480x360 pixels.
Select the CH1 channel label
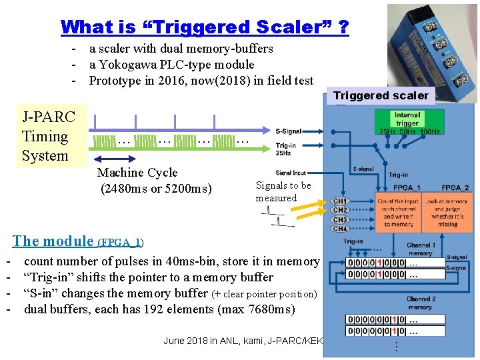[340, 201]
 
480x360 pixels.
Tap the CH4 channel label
[340, 229]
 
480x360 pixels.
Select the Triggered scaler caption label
[381, 95]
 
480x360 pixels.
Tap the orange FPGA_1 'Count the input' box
[397, 213]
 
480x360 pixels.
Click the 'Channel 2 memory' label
[420, 303]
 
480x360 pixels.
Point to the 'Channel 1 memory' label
[420, 249]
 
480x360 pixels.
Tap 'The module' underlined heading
[53, 241]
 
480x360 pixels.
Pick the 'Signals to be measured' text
[283, 191]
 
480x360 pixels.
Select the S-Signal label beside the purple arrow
[288, 131]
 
